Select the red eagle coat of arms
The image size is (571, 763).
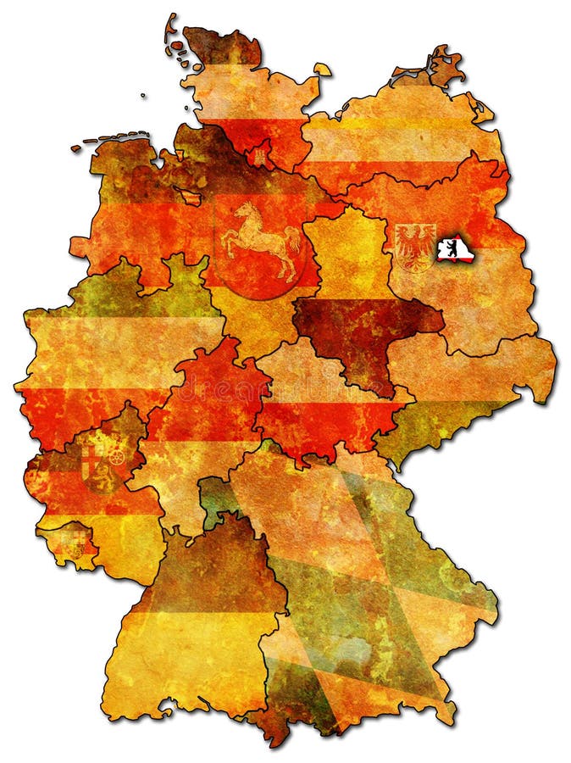pos(415,245)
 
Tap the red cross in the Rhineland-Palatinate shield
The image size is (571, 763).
pos(91,461)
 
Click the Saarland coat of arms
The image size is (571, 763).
pos(77,539)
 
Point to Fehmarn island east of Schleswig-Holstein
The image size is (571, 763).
pos(323,70)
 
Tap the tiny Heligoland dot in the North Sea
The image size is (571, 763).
pos(143,96)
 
